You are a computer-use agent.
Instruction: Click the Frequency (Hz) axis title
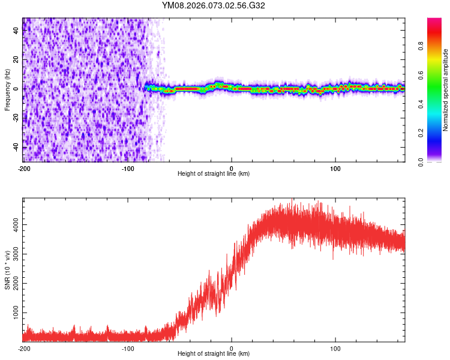7,89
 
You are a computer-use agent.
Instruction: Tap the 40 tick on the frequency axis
16,31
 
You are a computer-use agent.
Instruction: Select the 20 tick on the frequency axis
16,59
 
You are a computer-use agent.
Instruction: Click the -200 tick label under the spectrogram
23,167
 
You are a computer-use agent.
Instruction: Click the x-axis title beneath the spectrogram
214,174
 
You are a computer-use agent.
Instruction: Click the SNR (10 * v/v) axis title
7,269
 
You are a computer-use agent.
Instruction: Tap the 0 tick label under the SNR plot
232,347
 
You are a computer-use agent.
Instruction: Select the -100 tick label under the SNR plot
128,347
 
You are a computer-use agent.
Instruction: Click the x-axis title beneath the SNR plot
214,354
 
